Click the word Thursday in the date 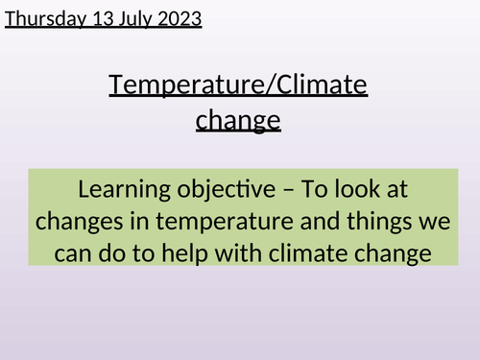pos(42,17)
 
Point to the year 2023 pos(180,17)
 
